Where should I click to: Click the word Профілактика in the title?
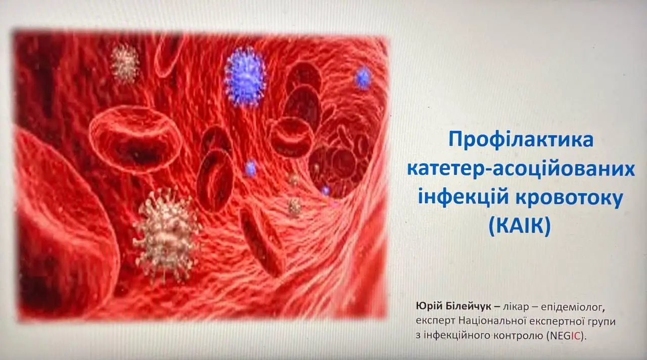pos(521,140)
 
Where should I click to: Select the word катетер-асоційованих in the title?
pos(521,169)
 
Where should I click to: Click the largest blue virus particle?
pos(245,76)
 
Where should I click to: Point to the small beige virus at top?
pos(124,63)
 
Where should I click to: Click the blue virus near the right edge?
pos(362,78)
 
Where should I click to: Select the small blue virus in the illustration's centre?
pos(250,169)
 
